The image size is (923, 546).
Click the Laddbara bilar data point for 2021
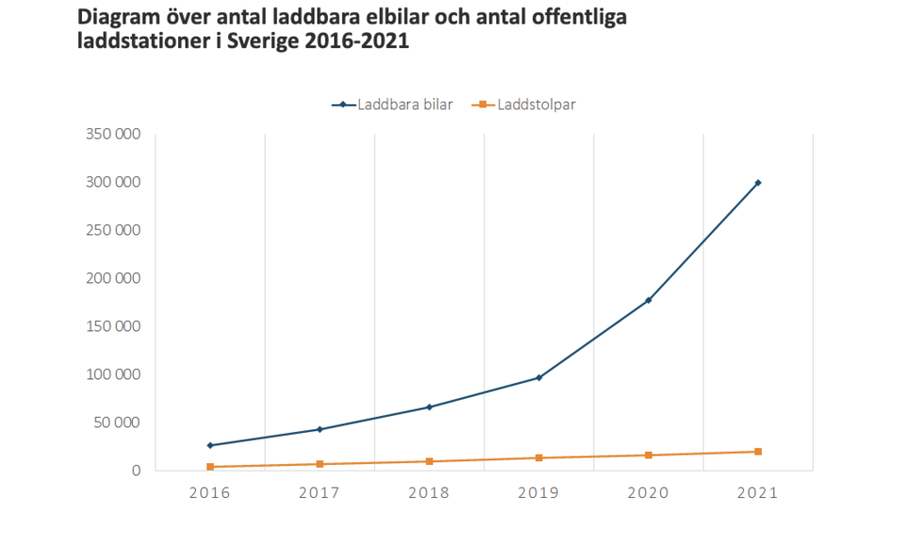(x=758, y=183)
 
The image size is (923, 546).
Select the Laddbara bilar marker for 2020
(x=648, y=300)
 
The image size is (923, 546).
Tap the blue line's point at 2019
(x=539, y=377)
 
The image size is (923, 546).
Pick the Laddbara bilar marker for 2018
(x=429, y=407)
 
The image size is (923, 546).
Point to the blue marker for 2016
(x=210, y=445)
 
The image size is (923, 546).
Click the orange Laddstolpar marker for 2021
(x=758, y=452)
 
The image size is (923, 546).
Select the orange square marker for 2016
(x=210, y=467)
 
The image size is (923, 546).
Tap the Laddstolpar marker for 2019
(x=539, y=458)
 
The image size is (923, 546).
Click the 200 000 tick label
(x=112, y=279)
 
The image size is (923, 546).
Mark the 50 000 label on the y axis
(x=116, y=423)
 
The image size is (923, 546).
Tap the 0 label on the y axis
(x=136, y=471)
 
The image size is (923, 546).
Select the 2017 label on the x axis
(x=319, y=492)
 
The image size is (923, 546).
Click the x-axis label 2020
(x=648, y=492)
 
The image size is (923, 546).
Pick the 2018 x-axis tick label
(x=429, y=492)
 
